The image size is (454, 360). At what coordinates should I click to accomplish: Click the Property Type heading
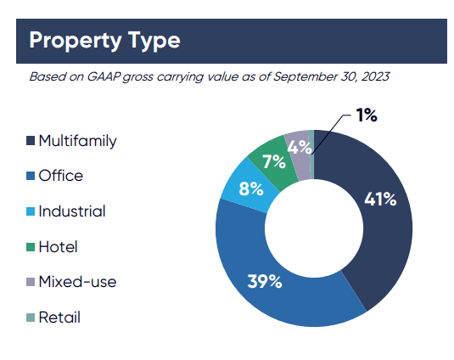coord(104,41)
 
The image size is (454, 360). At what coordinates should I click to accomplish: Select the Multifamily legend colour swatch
coord(31,140)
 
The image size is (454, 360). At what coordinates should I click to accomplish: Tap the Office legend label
coord(61,176)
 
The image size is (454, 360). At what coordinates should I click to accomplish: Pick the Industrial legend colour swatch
coord(31,211)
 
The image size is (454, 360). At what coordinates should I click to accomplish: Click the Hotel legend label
coord(59,247)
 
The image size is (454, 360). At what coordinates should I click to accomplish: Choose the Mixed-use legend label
coord(77,282)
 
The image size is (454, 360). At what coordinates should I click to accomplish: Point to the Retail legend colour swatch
coord(31,318)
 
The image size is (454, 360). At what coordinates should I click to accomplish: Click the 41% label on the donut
coord(380,200)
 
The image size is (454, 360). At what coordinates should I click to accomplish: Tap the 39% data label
coord(265,281)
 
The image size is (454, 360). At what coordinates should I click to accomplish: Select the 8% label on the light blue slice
coord(251,188)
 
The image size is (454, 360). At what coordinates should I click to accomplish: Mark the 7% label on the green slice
coord(274,161)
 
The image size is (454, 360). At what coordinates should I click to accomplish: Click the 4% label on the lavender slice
coord(300,147)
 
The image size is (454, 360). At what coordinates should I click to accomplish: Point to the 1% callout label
coord(367,115)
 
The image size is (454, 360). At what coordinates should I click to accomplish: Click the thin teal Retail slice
coord(311,155)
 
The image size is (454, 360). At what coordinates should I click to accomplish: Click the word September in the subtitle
coord(305,77)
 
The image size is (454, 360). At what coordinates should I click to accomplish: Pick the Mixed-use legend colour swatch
coord(31,282)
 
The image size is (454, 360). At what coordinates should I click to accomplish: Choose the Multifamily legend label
coord(77,141)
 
